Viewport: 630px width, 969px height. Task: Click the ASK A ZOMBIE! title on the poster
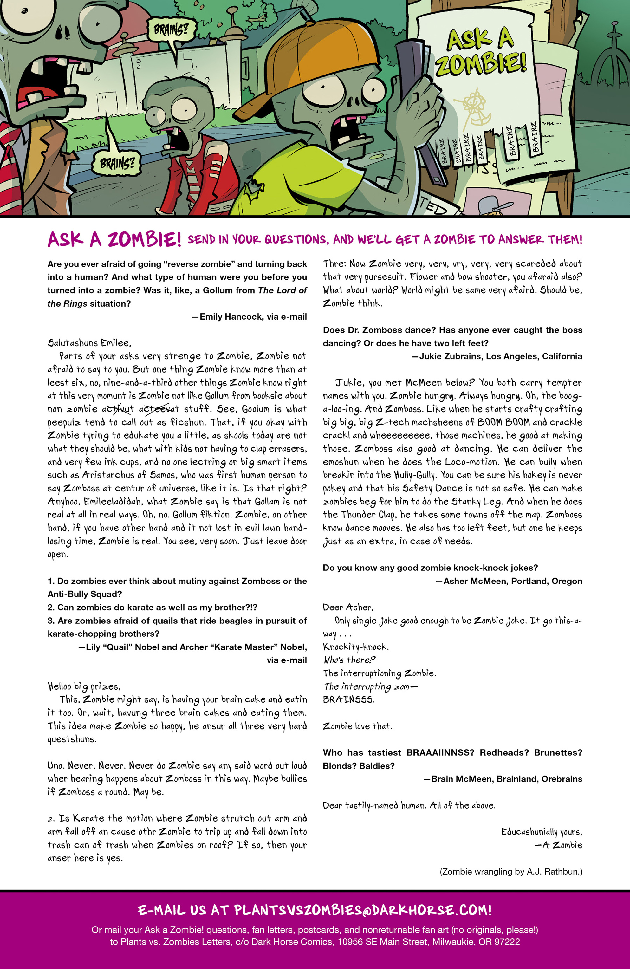[481, 53]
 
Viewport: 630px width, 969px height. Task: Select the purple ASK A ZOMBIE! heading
[114, 239]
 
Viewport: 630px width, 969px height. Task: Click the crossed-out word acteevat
[159, 409]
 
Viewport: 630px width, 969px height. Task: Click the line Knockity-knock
[355, 647]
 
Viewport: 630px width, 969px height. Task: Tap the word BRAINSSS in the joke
[348, 699]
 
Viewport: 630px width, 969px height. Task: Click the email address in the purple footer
[362, 910]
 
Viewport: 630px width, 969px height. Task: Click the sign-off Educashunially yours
[541, 832]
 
